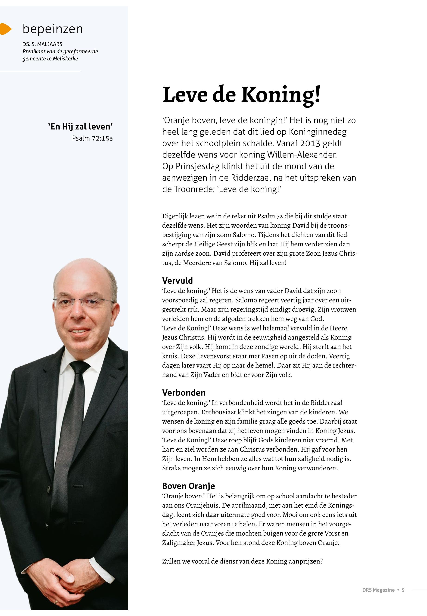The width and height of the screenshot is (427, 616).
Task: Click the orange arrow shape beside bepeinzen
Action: [5, 29]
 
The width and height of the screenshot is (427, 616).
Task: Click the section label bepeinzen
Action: [53, 29]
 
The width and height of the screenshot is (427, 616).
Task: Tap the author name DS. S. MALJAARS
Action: [42, 44]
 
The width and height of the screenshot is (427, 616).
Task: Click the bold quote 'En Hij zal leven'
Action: [80, 127]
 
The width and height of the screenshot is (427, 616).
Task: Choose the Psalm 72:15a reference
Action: [92, 138]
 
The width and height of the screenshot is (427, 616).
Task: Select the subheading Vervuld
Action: [177, 281]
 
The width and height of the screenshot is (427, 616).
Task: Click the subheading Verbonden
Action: [184, 393]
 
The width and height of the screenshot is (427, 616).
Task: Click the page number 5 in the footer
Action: [403, 590]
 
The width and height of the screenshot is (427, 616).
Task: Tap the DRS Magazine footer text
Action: [378, 590]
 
